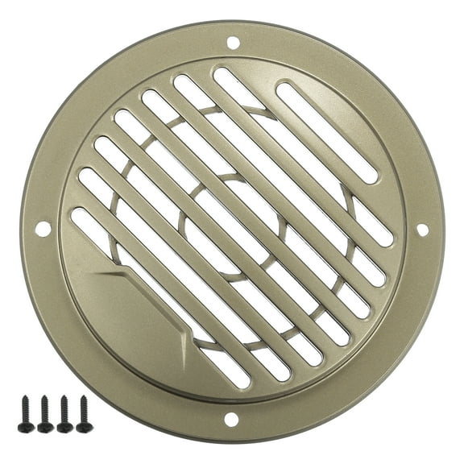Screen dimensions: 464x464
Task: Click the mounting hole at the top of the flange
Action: point(233,42)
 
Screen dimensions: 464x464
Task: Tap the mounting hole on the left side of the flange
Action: point(43,229)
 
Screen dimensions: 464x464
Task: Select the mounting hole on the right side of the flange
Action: point(421,230)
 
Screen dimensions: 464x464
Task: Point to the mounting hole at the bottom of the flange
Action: point(231,419)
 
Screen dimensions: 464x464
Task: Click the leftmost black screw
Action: point(27,413)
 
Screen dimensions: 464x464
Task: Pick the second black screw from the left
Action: point(45,413)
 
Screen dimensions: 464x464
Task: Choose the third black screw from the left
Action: point(64,413)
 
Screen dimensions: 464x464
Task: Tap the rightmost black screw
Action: point(83,412)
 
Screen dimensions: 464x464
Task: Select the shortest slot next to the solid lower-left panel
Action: point(88,226)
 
